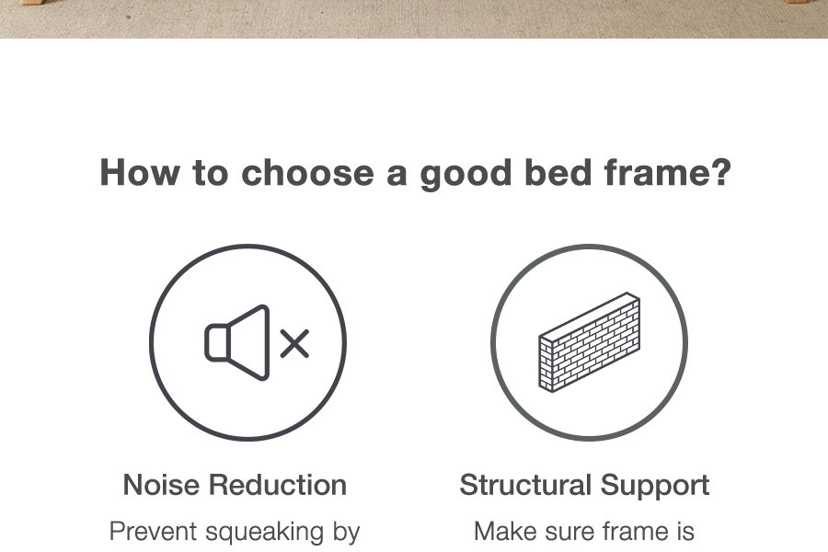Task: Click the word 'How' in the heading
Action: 140,172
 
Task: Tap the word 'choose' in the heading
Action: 308,173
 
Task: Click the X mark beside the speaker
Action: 294,343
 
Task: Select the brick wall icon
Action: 590,342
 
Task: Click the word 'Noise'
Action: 162,485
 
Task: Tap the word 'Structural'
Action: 525,485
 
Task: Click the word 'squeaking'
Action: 265,533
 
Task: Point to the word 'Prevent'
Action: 153,532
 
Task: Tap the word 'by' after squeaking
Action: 347,533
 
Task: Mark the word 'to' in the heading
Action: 210,173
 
